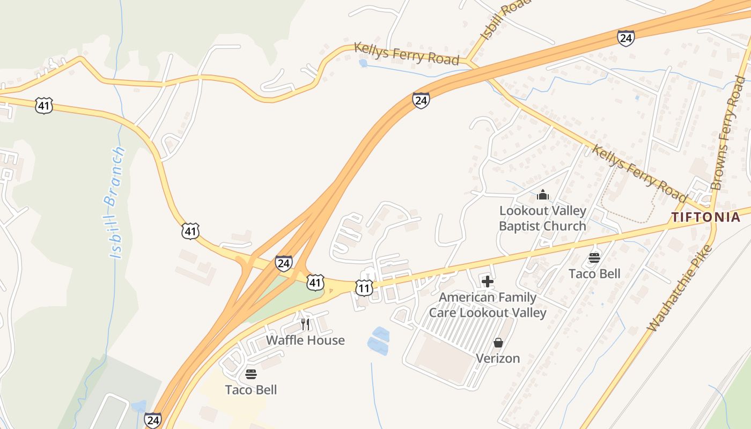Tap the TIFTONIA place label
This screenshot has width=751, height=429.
(705, 217)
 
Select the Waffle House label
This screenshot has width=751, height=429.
(305, 341)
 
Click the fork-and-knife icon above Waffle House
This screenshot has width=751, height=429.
(305, 324)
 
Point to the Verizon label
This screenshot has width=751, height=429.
(498, 358)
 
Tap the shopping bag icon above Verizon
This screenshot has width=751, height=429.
(498, 343)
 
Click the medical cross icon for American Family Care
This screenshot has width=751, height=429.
(488, 281)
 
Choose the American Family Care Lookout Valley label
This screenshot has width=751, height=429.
(488, 305)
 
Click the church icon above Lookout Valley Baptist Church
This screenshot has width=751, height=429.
(542, 195)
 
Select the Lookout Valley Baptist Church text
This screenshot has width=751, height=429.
(542, 218)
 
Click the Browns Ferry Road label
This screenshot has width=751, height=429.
(728, 133)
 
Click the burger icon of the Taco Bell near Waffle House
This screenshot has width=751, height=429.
(251, 374)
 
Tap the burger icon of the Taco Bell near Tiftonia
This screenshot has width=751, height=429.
(594, 258)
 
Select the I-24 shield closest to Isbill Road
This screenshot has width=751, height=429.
(625, 38)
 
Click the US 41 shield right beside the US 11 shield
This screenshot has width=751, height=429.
(315, 282)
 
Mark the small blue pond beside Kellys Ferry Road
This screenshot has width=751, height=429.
(363, 63)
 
